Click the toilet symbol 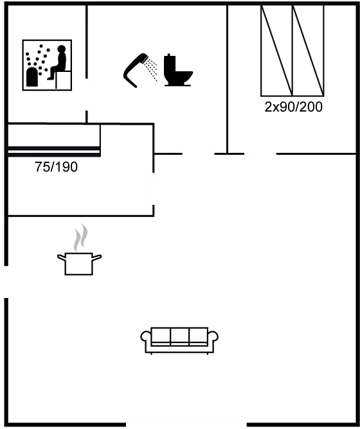click(x=178, y=70)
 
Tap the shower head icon click(x=135, y=70)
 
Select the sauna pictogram click(x=47, y=65)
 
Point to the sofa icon click(x=179, y=340)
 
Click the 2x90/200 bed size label click(x=293, y=107)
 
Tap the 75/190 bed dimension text click(x=56, y=167)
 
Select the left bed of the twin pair click(x=276, y=51)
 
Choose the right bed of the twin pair click(x=308, y=51)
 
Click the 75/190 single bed click(x=54, y=141)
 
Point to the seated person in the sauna click(x=58, y=62)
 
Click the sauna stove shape click(x=32, y=77)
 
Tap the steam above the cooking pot click(x=81, y=238)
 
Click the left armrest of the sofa click(x=146, y=337)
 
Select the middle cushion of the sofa click(x=179, y=337)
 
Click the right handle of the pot click(x=97, y=258)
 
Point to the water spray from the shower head click(x=152, y=69)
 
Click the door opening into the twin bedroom click(x=260, y=154)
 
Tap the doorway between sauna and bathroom click(x=87, y=94)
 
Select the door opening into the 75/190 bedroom click(x=154, y=189)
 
